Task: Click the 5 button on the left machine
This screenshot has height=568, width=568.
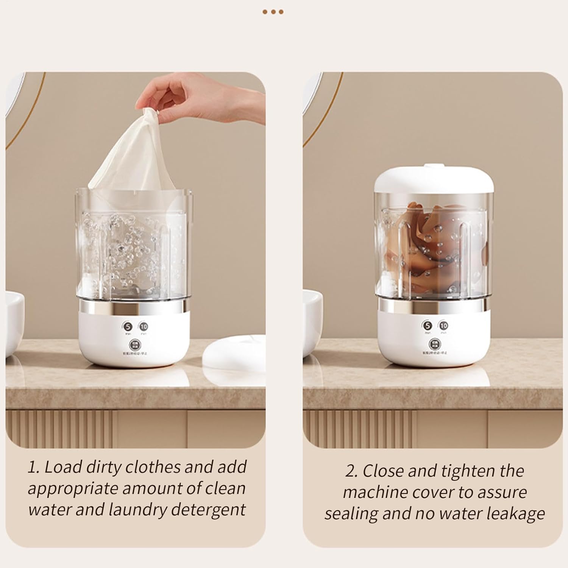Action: coord(128,326)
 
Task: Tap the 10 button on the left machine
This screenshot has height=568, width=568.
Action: coord(144,326)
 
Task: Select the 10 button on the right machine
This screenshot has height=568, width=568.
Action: coord(443,326)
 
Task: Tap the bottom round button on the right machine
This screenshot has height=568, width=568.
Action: coord(435,343)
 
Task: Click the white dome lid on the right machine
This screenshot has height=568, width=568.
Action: coord(434,179)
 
